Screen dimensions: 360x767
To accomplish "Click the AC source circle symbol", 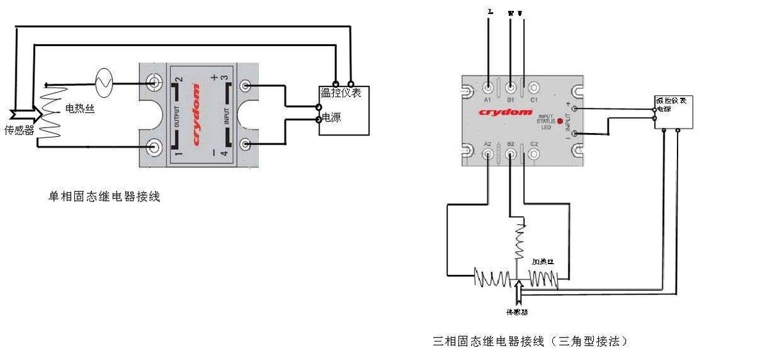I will pos(104,81).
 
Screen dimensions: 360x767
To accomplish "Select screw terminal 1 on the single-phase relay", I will pos(154,148).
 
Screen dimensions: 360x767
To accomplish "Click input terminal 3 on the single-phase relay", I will pos(246,86).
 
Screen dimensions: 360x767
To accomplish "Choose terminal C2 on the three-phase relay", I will pos(534,155).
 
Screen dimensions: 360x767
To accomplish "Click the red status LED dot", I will pos(560,120).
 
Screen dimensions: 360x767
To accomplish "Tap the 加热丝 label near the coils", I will pos(543,262).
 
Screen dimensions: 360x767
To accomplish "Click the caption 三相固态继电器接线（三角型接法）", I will pos(530,341).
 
